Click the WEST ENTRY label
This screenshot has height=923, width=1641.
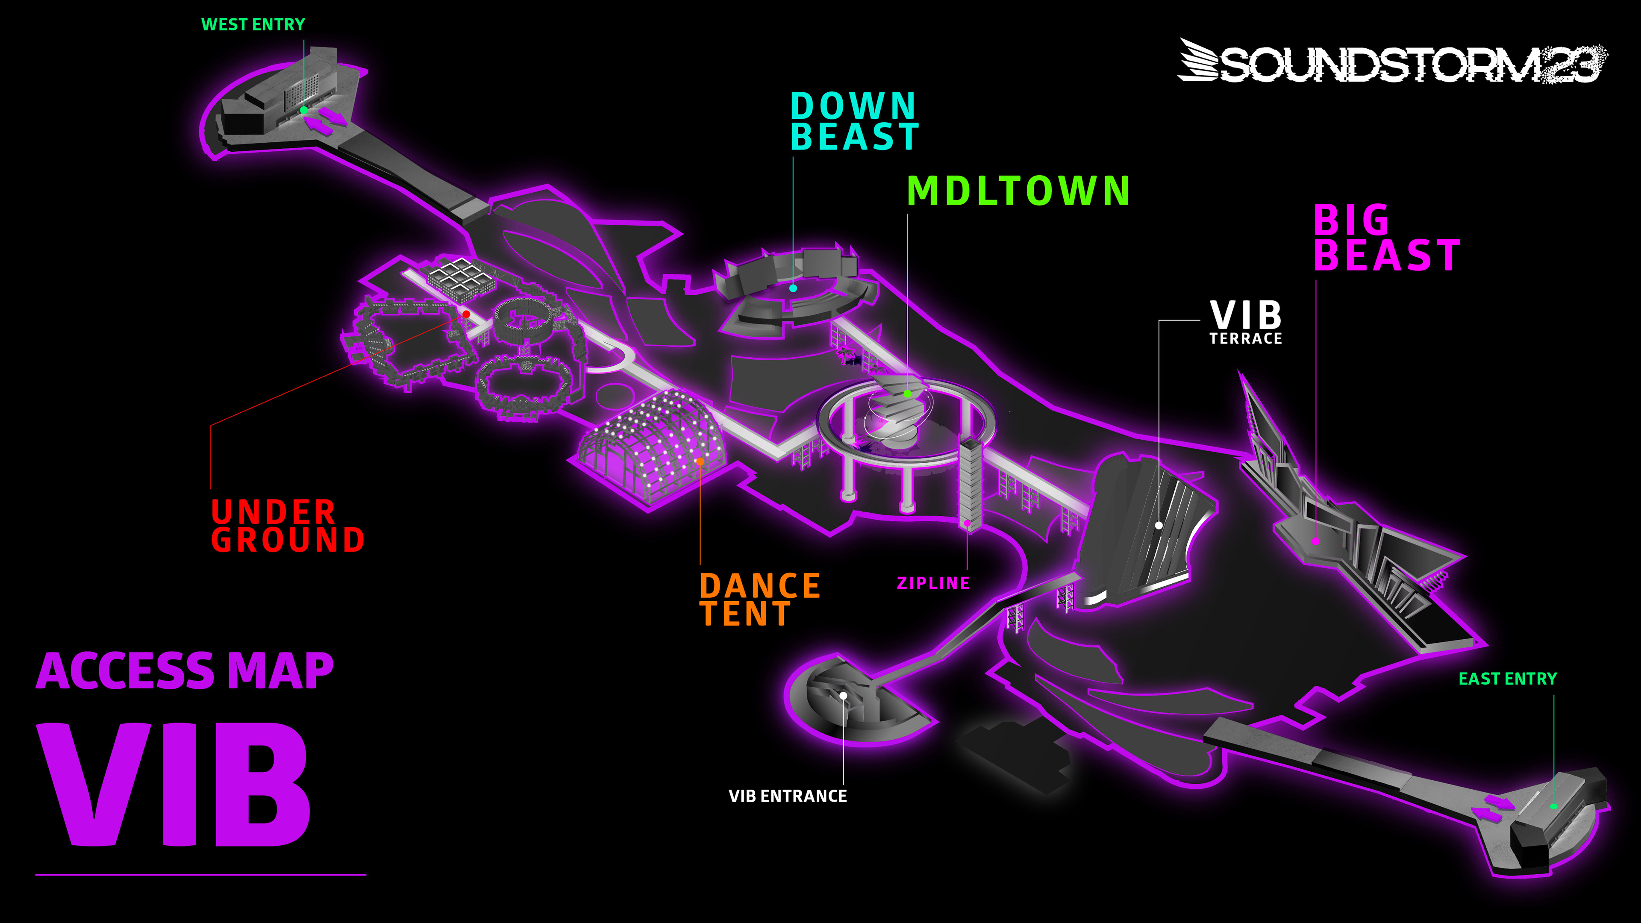coord(253,24)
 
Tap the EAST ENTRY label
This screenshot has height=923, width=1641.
coord(1507,679)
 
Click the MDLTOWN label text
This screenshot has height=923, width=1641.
coord(1018,191)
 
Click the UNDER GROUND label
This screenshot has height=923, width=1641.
coord(287,526)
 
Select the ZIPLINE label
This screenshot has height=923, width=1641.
coord(932,583)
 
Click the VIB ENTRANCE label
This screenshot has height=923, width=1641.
coord(787,796)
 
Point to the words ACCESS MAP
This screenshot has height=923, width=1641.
coord(185,671)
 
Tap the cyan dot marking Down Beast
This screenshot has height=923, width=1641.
coord(793,288)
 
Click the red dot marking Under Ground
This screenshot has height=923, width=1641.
coord(466,314)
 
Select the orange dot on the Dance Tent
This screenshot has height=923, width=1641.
coord(700,461)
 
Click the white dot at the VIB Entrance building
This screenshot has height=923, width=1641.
coord(843,696)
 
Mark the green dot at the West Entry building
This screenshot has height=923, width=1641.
coord(304,110)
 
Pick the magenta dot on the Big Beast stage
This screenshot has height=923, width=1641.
coord(1315,541)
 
